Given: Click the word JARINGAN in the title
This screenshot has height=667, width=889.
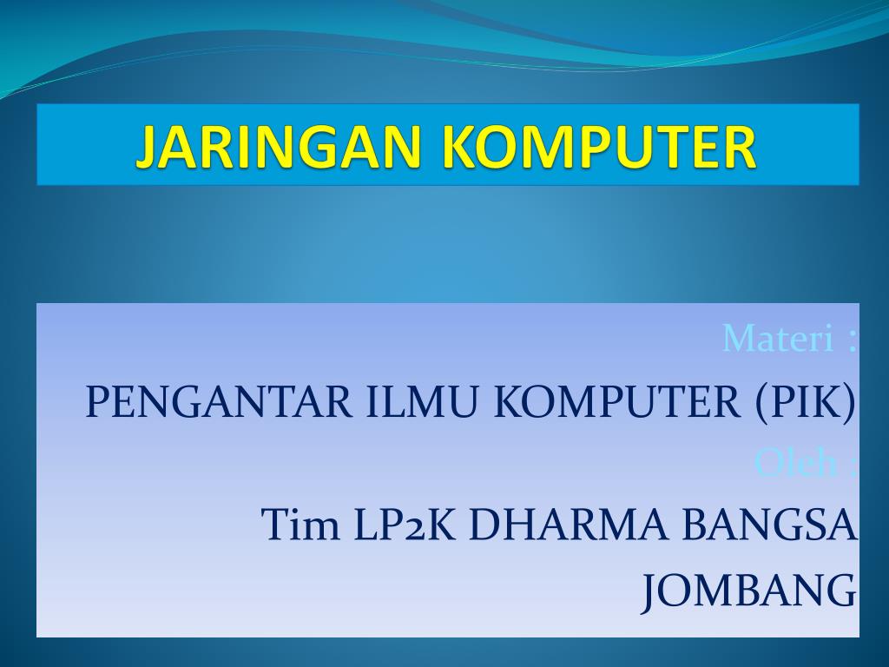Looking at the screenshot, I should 282,146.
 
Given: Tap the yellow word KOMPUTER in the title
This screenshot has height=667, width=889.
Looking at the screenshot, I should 598,146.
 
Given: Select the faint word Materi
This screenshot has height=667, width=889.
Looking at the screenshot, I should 777,339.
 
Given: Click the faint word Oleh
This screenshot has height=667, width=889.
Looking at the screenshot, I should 795,462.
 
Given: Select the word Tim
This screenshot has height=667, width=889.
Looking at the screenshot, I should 300,525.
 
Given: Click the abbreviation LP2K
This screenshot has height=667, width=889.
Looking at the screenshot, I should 405,525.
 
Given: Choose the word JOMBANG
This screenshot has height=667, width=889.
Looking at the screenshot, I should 749,591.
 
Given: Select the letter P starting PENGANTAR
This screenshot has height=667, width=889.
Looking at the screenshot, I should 95,402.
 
